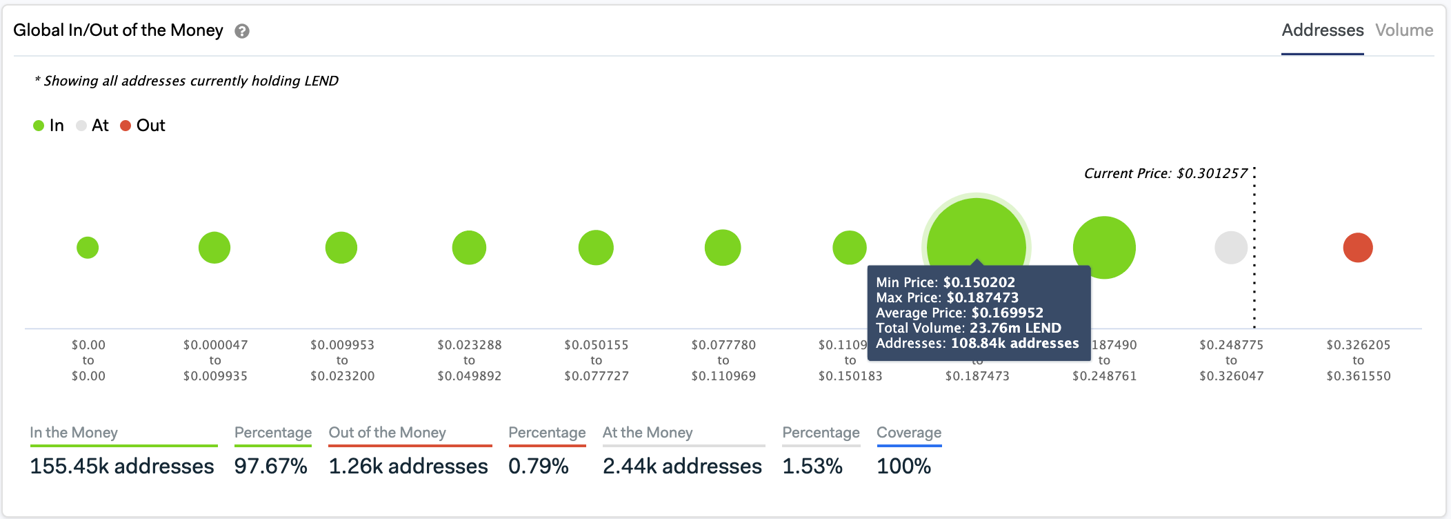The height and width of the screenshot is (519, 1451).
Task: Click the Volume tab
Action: (x=1403, y=30)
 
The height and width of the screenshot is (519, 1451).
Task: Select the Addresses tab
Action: (x=1322, y=30)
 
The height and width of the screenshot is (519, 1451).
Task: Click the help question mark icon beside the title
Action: (x=242, y=31)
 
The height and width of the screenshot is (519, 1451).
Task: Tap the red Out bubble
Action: (x=1357, y=248)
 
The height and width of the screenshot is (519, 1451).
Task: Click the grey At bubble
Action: (x=1230, y=248)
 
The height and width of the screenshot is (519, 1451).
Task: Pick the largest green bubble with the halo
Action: (x=976, y=235)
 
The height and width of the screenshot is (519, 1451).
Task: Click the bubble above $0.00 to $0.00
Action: (x=88, y=248)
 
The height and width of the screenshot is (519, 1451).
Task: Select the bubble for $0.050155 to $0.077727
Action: (x=596, y=248)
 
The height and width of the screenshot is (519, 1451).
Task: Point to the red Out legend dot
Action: (x=126, y=126)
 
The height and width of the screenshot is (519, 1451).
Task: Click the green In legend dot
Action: (x=39, y=126)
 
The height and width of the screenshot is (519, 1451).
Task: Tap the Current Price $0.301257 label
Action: (x=1165, y=173)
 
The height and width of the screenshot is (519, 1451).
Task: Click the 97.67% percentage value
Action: (x=270, y=467)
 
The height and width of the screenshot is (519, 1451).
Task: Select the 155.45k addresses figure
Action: (x=122, y=467)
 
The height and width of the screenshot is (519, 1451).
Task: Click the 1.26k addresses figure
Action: (x=408, y=467)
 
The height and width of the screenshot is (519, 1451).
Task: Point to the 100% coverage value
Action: (x=903, y=467)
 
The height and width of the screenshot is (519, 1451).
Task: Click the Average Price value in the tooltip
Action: (x=1007, y=313)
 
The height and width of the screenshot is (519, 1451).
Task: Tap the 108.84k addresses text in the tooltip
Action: (x=1014, y=343)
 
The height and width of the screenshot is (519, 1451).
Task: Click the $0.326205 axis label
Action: (x=1358, y=345)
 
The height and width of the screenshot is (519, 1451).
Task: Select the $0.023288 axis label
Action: (x=469, y=345)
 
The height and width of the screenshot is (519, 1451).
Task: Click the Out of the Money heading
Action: (x=387, y=433)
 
